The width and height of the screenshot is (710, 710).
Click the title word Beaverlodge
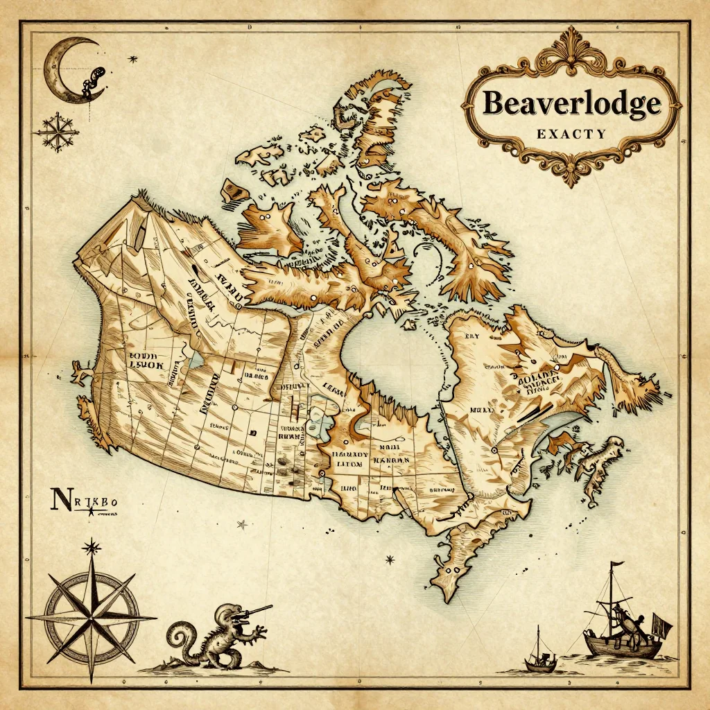tap(571, 103)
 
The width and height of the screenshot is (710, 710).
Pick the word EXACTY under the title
tap(571, 134)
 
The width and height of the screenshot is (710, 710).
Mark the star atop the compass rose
tap(91, 548)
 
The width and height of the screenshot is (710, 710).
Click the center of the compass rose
tap(91, 616)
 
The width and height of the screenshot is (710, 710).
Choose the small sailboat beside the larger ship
tap(540, 655)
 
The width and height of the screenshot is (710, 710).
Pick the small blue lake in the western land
tap(196, 360)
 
